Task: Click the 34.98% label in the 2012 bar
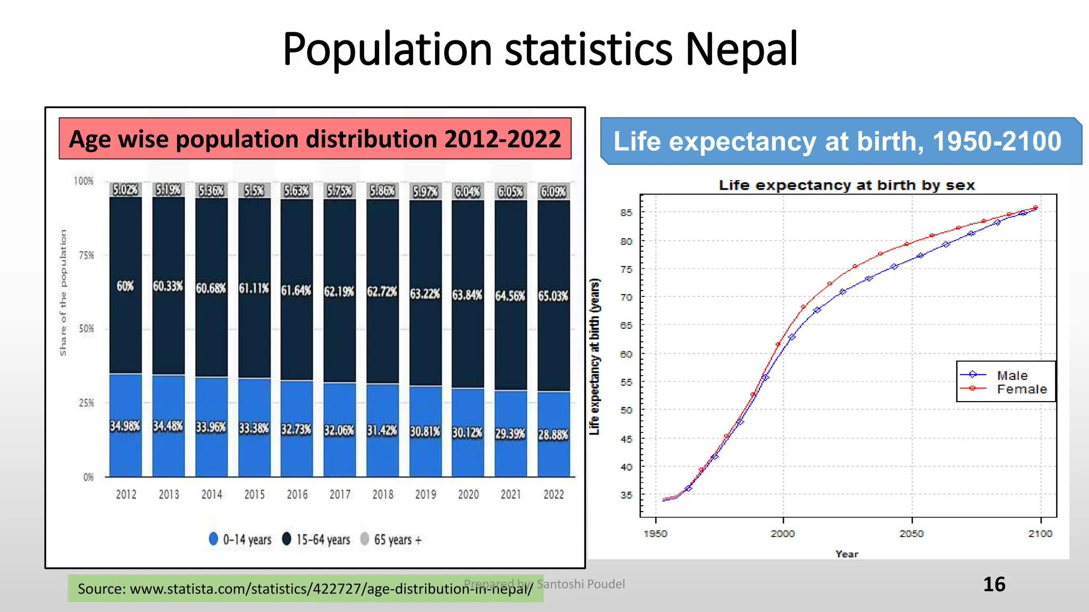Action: coord(125,426)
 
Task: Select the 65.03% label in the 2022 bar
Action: coord(553,296)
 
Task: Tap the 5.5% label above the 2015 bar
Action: coord(254,190)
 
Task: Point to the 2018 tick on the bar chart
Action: coord(383,495)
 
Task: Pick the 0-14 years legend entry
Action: coord(240,540)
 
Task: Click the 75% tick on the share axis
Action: coord(86,256)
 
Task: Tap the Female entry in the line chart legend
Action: coord(1021,389)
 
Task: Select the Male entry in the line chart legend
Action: coord(1012,376)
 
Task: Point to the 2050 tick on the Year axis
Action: coord(911,533)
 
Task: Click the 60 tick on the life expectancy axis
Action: coord(626,354)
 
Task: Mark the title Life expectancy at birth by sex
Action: coord(847,185)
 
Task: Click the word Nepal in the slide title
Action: coord(741,49)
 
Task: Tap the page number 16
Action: coord(994,584)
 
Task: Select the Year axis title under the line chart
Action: coord(847,554)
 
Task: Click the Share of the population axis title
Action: coord(63,293)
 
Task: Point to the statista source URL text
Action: coord(305,589)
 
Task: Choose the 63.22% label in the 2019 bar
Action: coord(425,294)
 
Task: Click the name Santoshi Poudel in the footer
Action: coord(581,584)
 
